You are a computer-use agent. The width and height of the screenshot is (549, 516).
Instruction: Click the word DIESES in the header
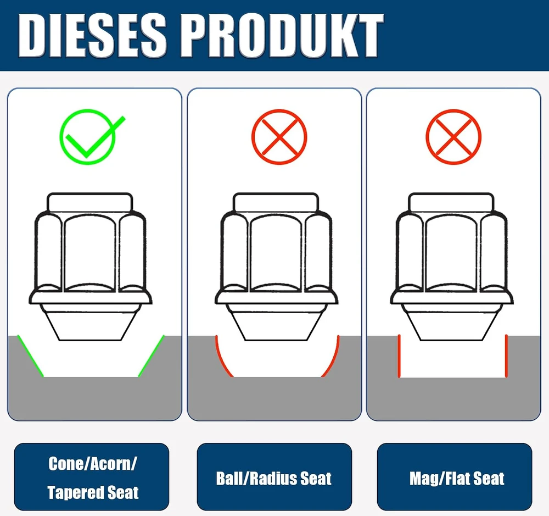[x=92, y=35]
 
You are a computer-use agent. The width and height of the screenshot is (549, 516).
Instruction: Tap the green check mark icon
[x=92, y=137]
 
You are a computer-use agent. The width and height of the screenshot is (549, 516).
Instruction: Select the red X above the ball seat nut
[x=279, y=137]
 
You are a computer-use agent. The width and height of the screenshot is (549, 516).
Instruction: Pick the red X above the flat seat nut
[x=453, y=137]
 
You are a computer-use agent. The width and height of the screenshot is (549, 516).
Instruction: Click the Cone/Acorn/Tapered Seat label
[x=92, y=478]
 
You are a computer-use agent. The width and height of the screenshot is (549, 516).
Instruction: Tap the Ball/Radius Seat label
[x=273, y=479]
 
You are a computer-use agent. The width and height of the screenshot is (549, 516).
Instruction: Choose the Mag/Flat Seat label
[x=457, y=479]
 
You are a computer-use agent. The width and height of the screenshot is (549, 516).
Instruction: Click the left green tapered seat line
[x=30, y=356]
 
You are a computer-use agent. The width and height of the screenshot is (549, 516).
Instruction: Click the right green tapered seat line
[x=152, y=356]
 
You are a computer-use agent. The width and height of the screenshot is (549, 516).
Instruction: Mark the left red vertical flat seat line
[x=399, y=356]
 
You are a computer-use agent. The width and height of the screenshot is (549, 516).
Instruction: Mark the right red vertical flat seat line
[x=506, y=356]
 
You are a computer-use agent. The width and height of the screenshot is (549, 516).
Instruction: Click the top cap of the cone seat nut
[x=89, y=202]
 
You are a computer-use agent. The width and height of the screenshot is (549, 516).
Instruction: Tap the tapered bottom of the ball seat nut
[x=276, y=322]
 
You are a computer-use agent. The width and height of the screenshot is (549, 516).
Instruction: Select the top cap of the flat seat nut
[x=451, y=202]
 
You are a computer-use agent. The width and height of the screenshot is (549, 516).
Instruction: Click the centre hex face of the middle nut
[x=276, y=252]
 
